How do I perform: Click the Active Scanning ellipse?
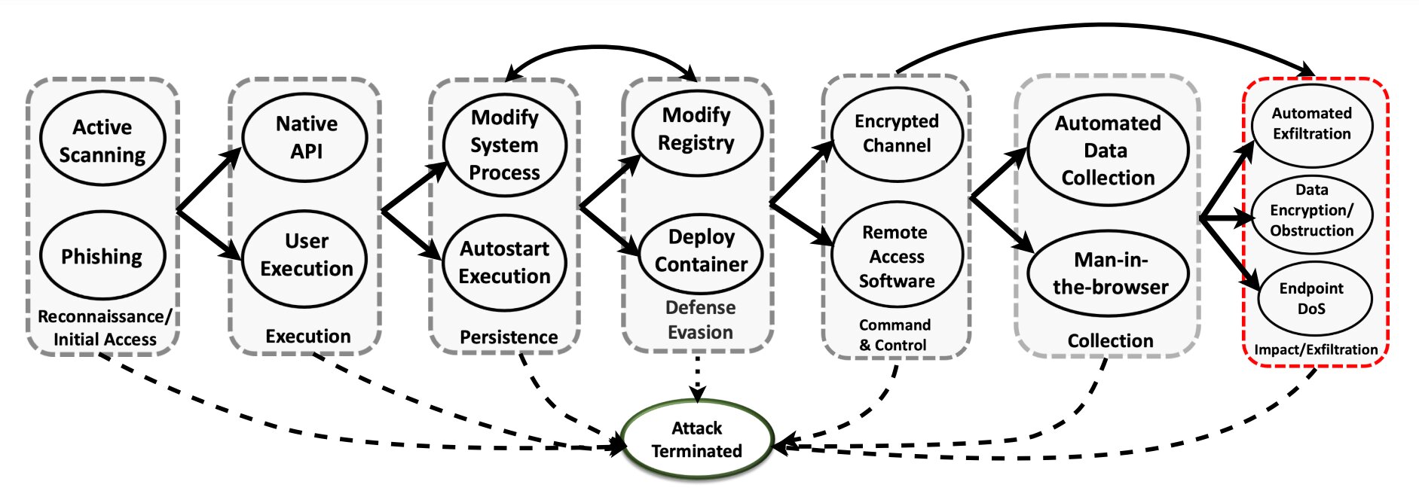pos(102,139)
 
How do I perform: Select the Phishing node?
pos(102,256)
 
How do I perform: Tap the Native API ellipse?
pos(306,137)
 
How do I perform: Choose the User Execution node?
pos(306,256)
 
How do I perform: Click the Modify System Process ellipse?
pos(504,145)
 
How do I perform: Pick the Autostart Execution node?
pos(504,263)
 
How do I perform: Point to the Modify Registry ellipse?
pos(696,130)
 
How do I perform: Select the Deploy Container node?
pos(701,251)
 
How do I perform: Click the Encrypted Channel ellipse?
pos(897,133)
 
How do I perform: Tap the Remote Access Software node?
pos(897,256)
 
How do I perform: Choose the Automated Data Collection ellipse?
pos(1108,150)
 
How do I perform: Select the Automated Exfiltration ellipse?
pos(1311,123)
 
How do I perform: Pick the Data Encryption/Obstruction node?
pos(1311,211)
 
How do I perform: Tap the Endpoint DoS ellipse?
pos(1311,298)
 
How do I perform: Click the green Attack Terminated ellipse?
pos(697,440)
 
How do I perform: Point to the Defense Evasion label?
pos(700,320)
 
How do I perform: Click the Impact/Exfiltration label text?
pos(1315,350)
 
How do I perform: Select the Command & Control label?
pos(895,335)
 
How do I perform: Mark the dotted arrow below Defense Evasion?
pos(698,376)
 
